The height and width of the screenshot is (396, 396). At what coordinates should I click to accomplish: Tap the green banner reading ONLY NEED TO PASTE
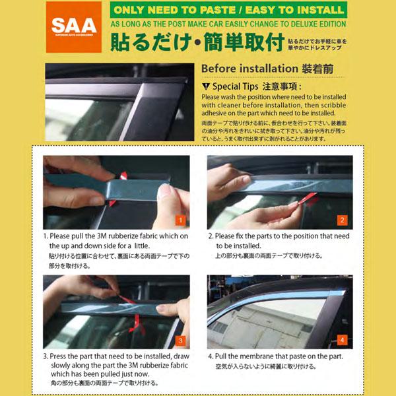point(228,11)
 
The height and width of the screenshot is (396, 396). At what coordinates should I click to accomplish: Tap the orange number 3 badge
point(180,341)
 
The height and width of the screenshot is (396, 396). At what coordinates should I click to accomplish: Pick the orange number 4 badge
point(342,341)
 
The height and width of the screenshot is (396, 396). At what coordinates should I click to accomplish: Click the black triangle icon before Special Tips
point(207,86)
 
